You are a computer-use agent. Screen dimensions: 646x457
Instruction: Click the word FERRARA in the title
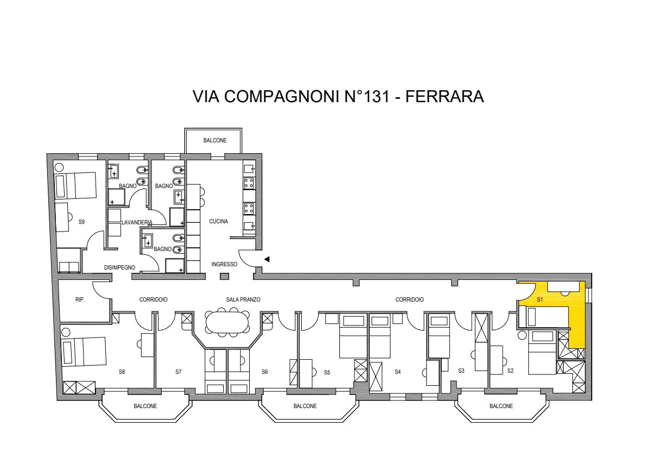point(445,96)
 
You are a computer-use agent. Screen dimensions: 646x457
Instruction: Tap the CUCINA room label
point(218,222)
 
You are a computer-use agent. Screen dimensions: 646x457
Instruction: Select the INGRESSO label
point(224,265)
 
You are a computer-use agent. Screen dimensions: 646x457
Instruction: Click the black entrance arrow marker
point(267,259)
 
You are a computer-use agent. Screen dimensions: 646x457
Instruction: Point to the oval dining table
point(227,322)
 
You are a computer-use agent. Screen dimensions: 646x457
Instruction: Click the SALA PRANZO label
point(243,300)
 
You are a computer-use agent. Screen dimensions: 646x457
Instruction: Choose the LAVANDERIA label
point(137,223)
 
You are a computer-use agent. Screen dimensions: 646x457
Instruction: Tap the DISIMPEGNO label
point(119,268)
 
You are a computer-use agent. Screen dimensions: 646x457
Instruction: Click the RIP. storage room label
point(80,300)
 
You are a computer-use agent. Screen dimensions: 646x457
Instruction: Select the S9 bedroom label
point(81,222)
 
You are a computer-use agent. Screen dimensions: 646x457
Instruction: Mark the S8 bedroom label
point(122,372)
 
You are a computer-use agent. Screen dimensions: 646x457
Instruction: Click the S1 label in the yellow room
point(540,300)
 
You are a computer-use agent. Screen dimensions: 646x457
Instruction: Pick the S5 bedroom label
point(327,372)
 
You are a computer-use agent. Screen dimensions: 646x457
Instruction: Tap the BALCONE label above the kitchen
point(215,141)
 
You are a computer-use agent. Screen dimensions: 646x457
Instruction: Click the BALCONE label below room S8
point(145,406)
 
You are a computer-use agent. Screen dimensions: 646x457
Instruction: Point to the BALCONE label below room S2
point(501,406)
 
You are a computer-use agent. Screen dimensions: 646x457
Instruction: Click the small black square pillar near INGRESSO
point(224,277)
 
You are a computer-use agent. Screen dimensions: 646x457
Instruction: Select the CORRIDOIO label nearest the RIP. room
point(153,300)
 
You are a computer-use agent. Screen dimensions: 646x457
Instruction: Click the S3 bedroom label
point(461,371)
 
